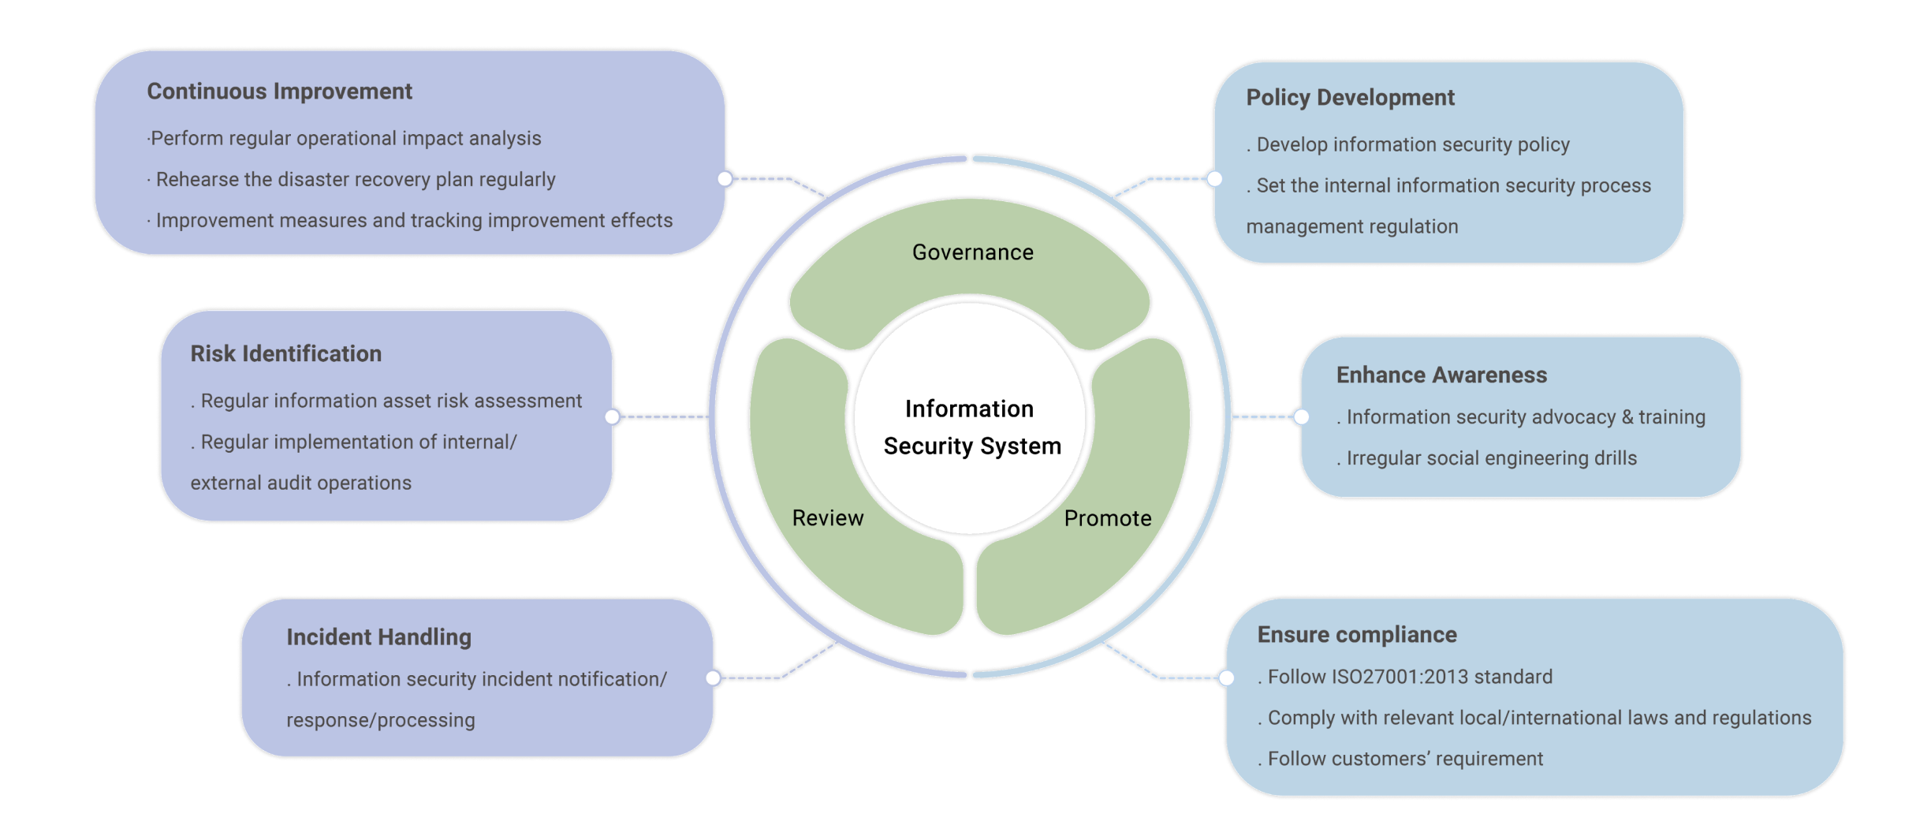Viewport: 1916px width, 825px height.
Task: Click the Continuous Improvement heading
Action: point(279,91)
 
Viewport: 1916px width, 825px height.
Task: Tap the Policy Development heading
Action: point(1350,98)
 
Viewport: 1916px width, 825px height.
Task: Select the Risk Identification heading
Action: point(285,354)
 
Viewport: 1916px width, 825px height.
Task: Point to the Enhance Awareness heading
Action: point(1441,375)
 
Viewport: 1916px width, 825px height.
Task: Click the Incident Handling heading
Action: point(378,637)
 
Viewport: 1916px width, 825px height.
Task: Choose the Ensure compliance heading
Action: point(1356,635)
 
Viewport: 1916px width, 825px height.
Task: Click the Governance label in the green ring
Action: point(972,252)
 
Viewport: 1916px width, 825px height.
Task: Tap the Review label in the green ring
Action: point(828,518)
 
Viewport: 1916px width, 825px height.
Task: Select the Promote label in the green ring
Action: point(1108,518)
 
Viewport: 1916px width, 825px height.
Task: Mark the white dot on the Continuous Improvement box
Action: point(725,179)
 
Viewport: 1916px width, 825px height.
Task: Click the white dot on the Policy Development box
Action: point(1214,179)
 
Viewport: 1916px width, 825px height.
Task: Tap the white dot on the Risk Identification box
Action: point(613,416)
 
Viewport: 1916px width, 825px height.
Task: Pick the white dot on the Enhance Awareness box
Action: point(1301,416)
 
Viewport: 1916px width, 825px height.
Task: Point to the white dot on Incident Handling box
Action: point(714,678)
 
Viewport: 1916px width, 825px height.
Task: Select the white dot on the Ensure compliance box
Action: point(1226,678)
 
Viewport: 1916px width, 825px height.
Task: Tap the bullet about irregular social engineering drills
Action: point(1490,458)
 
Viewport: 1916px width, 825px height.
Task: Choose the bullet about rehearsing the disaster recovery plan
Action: point(355,180)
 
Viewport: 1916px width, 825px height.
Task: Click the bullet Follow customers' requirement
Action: point(1404,759)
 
